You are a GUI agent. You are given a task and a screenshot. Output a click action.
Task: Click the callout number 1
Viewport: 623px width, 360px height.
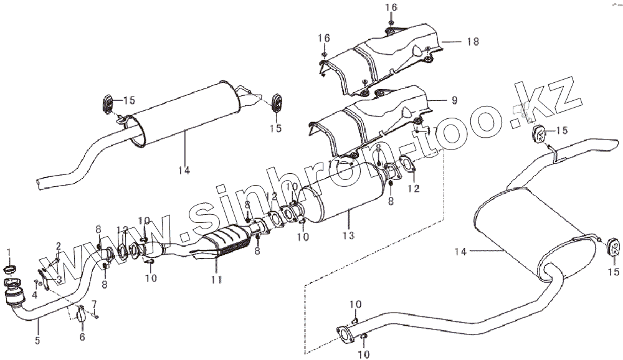coord(9,252)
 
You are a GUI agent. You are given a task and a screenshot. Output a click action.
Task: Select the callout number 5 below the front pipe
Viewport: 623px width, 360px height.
coord(37,340)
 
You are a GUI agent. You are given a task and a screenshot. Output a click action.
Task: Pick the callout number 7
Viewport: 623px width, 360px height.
coord(95,304)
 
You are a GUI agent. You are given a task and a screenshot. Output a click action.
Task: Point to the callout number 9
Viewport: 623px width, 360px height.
coord(454,100)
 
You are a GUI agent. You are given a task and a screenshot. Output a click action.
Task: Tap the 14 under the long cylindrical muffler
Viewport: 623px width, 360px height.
coord(186,169)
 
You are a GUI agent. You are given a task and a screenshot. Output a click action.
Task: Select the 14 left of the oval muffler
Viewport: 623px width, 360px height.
coord(460,252)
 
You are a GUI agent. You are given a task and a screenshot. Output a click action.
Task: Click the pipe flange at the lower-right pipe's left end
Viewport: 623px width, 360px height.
coord(342,334)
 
